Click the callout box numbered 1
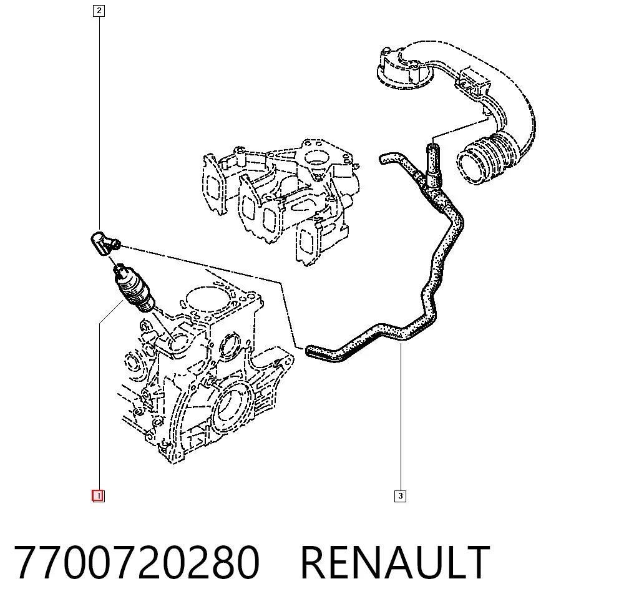tap(99, 496)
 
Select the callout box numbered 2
tap(99, 11)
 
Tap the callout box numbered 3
tap(401, 496)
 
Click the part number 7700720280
tap(137, 563)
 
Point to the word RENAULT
tap(395, 563)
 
